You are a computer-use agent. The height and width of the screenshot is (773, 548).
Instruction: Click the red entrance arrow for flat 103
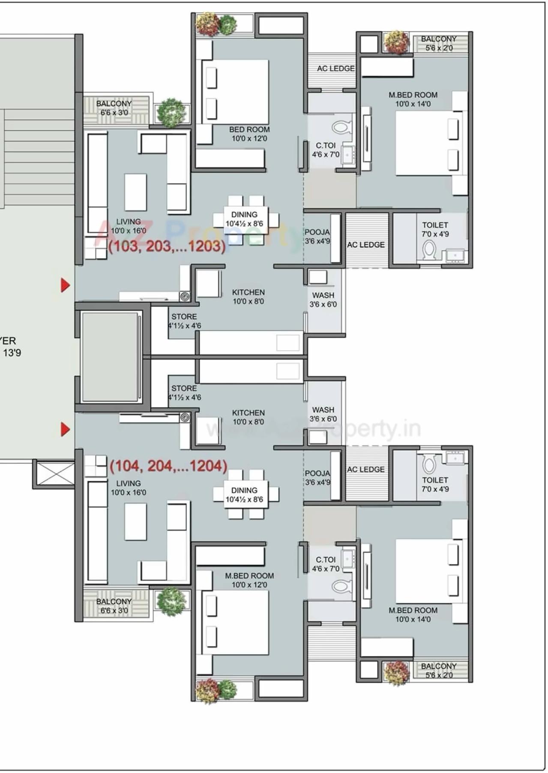(65, 285)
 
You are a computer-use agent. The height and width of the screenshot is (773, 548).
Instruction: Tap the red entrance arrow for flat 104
(65, 429)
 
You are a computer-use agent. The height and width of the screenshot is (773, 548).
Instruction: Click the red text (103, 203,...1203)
(167, 246)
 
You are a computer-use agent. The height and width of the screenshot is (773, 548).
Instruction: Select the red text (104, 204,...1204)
(168, 466)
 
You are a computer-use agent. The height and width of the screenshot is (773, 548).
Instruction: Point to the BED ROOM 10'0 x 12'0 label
(249, 134)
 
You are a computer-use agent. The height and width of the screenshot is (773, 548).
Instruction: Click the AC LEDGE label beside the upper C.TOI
(335, 69)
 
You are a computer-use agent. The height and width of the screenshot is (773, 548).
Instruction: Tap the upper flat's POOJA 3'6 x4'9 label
(317, 237)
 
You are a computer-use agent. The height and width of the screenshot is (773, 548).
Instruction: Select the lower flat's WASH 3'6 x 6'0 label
(323, 414)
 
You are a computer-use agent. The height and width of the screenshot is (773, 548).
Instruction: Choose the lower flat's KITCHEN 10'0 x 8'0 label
(248, 417)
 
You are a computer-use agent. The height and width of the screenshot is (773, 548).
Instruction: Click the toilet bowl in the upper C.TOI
(341, 127)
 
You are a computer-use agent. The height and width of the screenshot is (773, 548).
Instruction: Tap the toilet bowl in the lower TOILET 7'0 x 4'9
(429, 464)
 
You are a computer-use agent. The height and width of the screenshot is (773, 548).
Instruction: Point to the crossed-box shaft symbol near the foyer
(54, 474)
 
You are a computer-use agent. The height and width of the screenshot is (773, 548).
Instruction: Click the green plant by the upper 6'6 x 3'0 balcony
(171, 112)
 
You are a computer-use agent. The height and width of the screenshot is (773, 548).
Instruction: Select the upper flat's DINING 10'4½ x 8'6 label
(244, 219)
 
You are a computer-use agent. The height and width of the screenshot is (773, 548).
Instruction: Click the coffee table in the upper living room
(135, 192)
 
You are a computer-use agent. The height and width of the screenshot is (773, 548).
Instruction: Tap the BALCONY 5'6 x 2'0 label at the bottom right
(439, 671)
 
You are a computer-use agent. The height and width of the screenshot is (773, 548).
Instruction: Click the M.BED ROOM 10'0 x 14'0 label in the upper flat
(413, 99)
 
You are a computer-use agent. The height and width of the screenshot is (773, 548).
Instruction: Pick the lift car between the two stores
(110, 357)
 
